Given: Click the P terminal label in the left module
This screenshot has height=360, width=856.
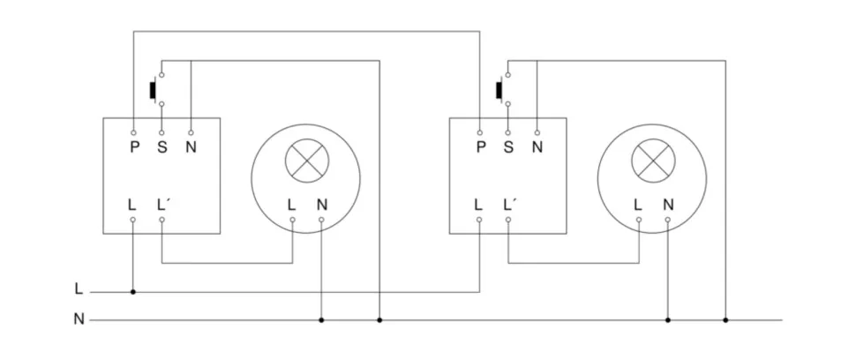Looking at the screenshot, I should tap(134, 147).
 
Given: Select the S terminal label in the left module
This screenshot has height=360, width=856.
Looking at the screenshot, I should tap(161, 147).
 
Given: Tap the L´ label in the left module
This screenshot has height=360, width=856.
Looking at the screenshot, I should tap(163, 204).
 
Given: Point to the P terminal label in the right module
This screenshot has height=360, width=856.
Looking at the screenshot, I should tap(480, 147).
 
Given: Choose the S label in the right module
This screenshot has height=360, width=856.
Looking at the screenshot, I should tap(507, 147).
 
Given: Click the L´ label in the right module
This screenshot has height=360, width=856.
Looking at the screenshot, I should tap(509, 204).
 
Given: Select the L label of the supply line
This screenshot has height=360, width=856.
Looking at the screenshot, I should tap(79, 289).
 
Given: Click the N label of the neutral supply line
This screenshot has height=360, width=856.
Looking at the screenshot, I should tap(79, 319).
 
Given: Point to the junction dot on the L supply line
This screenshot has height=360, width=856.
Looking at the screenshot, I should tap(133, 291).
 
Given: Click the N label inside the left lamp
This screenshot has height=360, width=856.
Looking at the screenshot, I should tap(321, 204).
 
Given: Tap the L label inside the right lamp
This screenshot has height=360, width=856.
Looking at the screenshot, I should tap(637, 204).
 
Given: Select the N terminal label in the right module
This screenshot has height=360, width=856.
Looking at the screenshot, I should tap(537, 147).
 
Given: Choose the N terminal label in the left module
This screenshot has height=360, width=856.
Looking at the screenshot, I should tap(191, 147).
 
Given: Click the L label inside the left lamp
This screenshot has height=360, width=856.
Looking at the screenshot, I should tap(291, 204).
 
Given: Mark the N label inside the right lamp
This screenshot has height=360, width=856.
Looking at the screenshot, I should tap(667, 204).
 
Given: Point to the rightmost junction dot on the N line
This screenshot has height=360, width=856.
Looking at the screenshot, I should tap(725, 320).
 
